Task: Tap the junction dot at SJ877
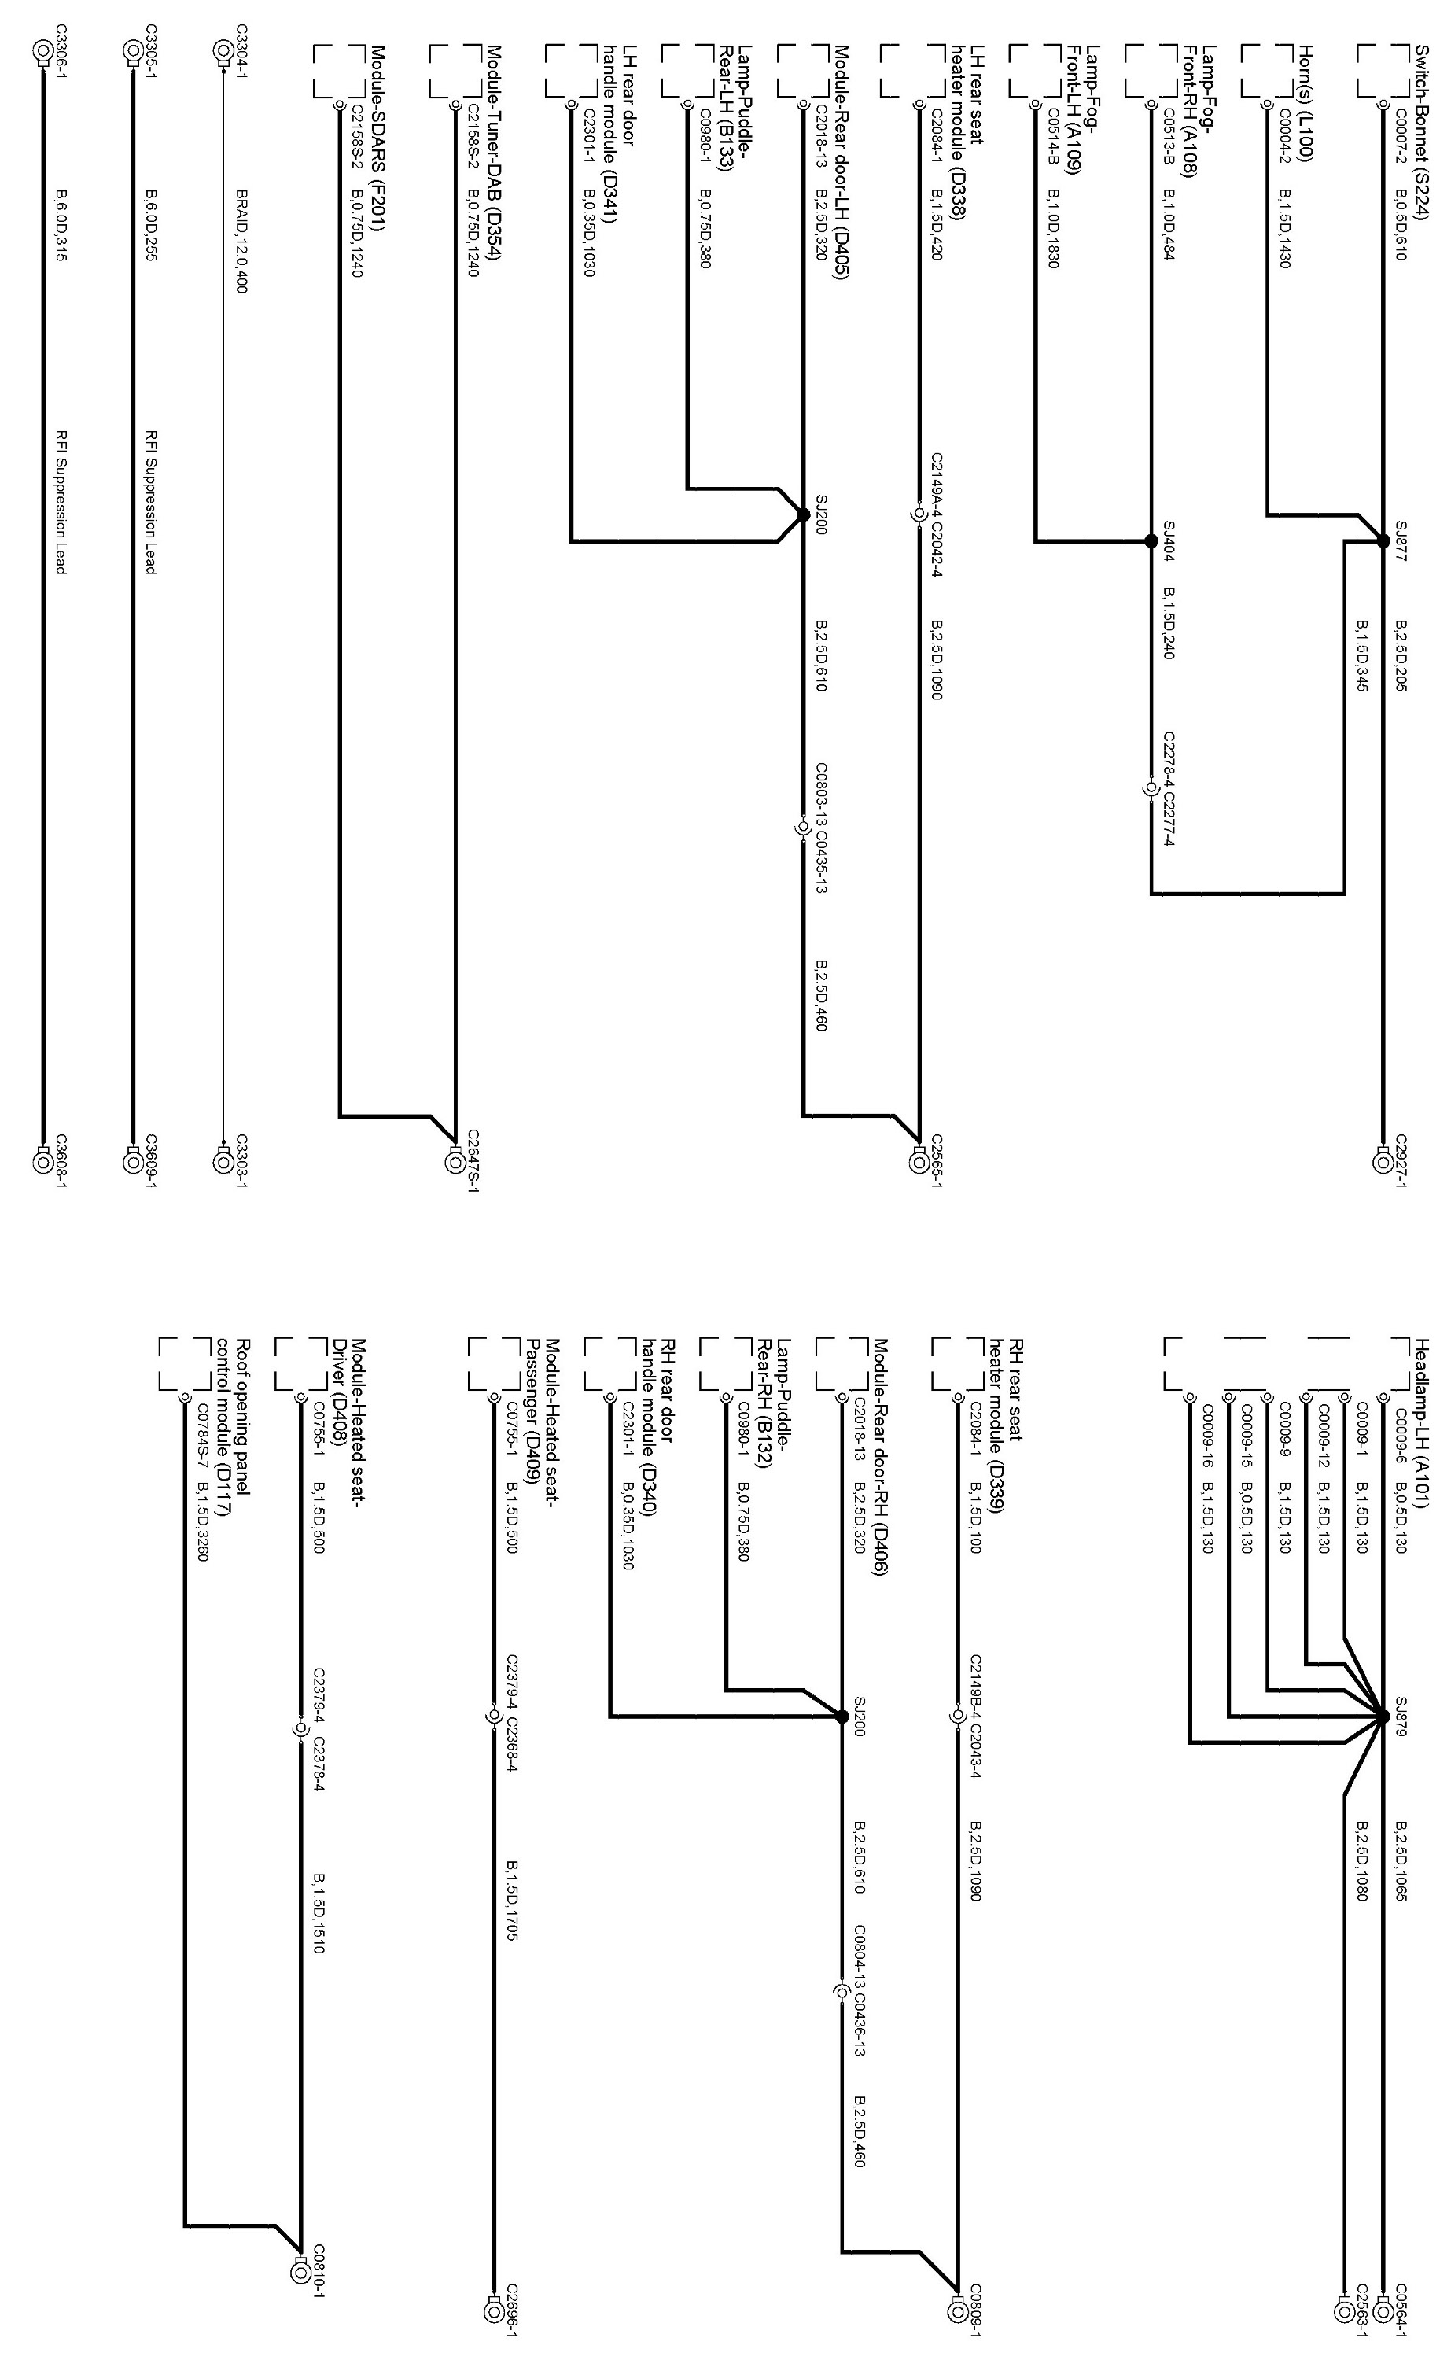pos(1383,541)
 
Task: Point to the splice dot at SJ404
pos(1151,541)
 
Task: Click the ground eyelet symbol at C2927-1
pos(1383,1162)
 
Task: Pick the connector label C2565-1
pos(937,1160)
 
